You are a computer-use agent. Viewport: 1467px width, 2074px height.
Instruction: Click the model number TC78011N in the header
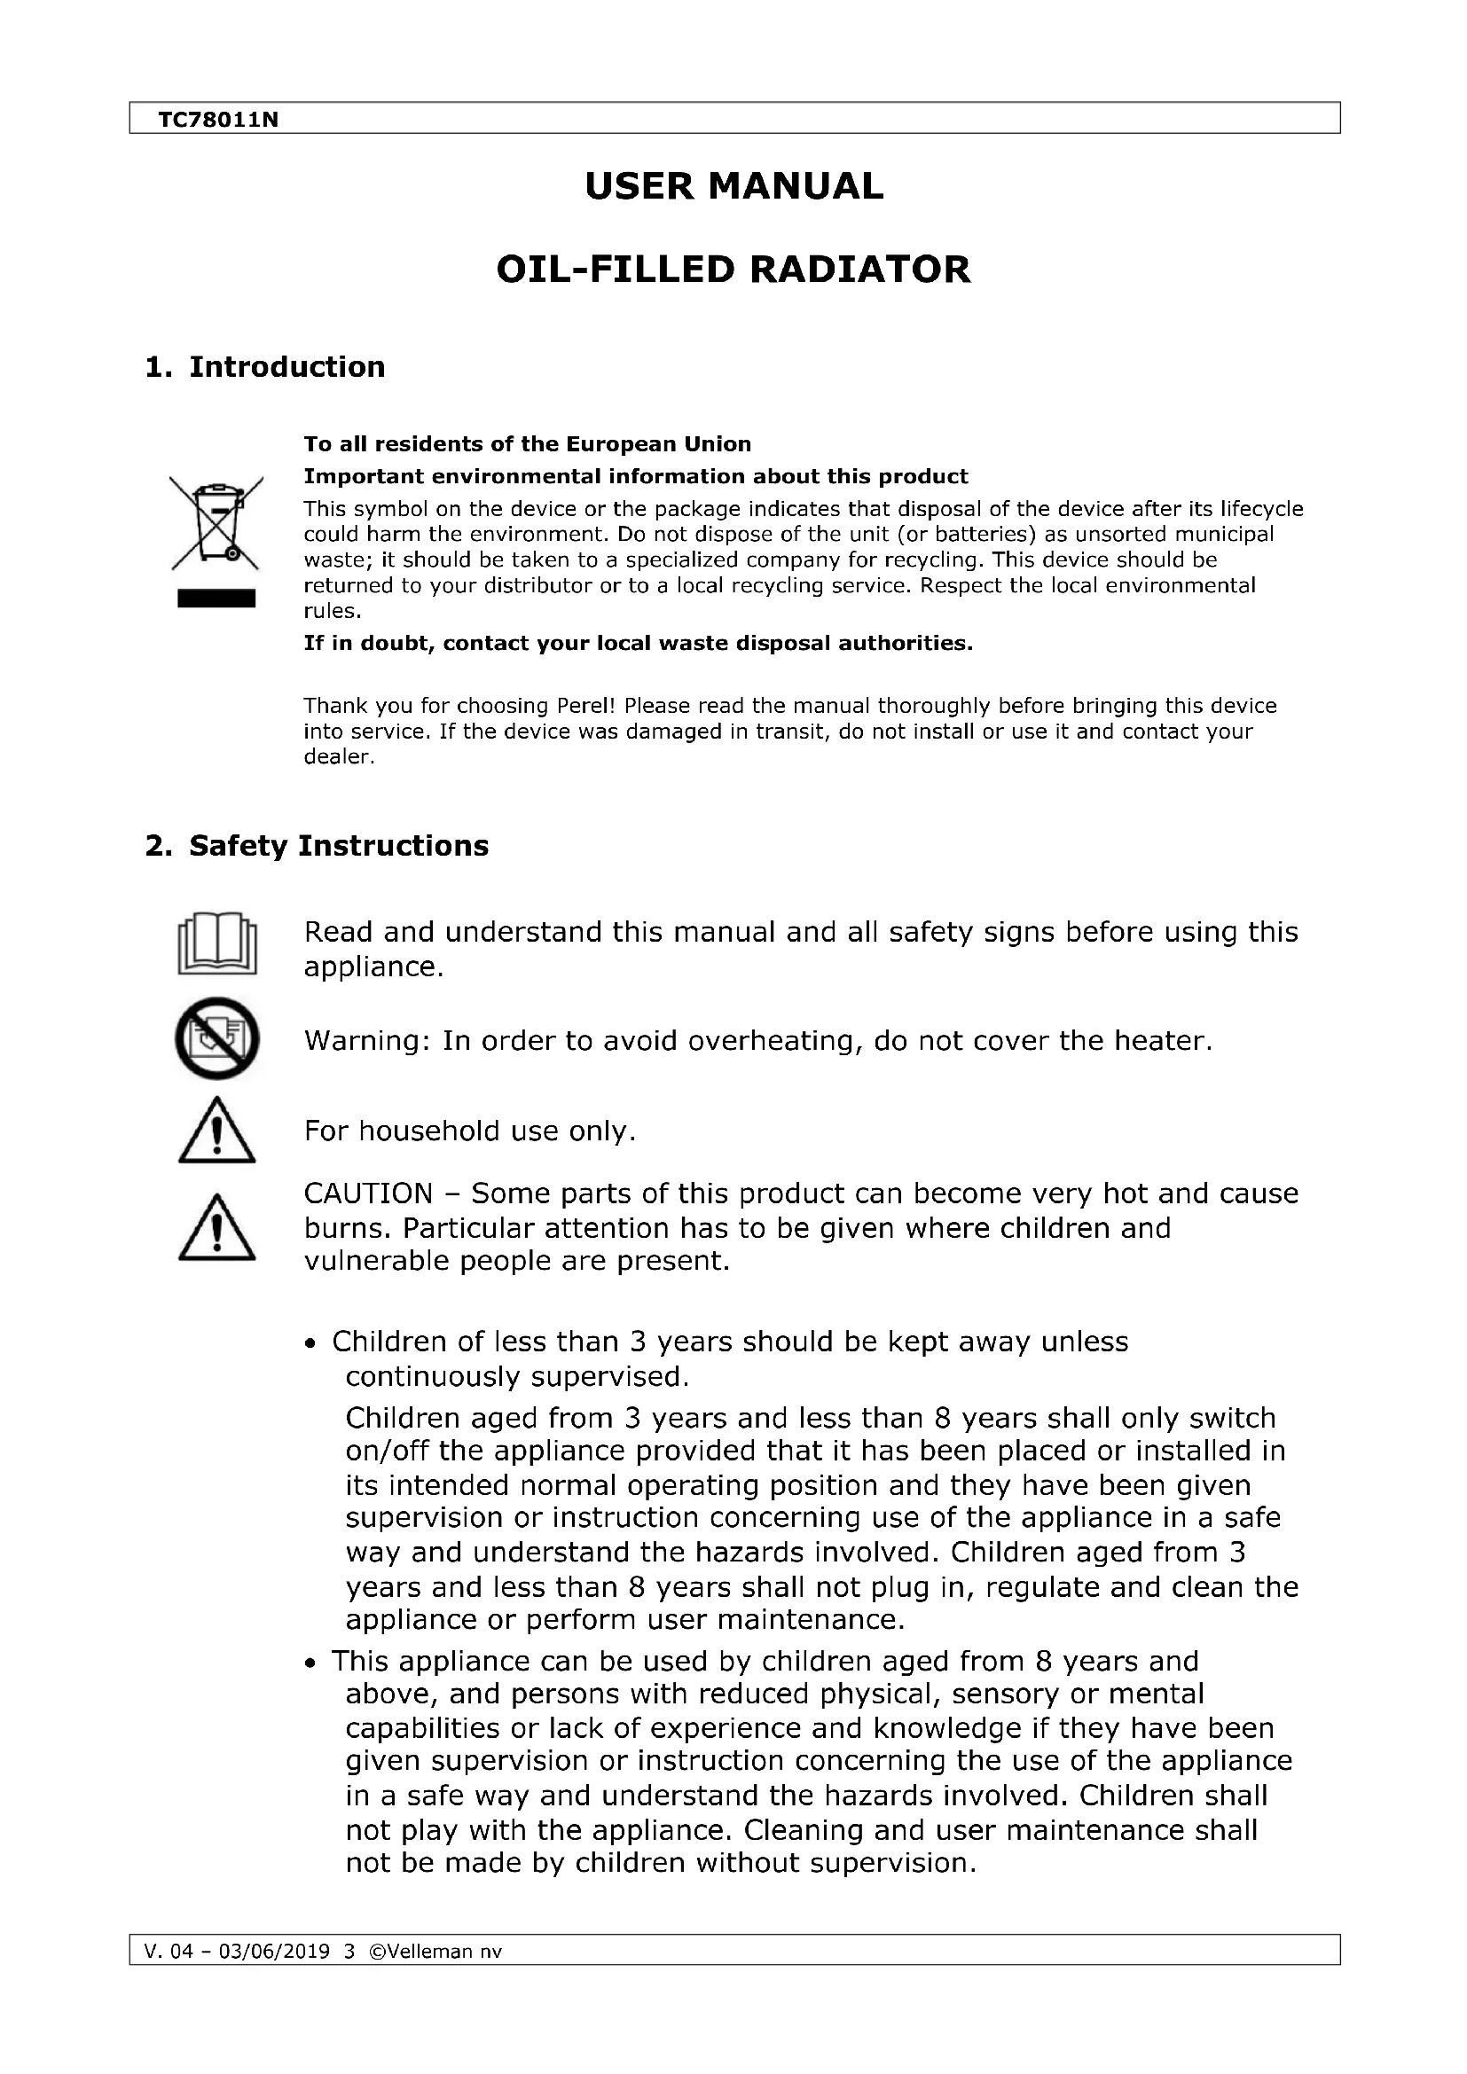(x=217, y=119)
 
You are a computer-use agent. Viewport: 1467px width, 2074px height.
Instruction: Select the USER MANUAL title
(x=733, y=186)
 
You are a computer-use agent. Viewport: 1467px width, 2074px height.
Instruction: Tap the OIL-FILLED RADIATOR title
(x=733, y=270)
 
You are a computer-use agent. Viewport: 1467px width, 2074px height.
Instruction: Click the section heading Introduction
(x=286, y=367)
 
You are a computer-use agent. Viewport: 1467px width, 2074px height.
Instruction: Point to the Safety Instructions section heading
(x=338, y=846)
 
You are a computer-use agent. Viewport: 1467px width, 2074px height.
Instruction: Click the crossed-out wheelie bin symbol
(x=216, y=524)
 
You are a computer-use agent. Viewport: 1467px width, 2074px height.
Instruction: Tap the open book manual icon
(x=216, y=944)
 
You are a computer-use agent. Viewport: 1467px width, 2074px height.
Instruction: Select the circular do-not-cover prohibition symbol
(x=216, y=1039)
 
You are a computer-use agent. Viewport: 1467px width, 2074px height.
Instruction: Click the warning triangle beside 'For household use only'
(x=216, y=1131)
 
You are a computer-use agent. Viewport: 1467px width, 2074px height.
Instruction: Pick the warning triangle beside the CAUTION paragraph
(x=216, y=1227)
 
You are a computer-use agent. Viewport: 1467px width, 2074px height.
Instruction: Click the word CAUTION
(x=368, y=1194)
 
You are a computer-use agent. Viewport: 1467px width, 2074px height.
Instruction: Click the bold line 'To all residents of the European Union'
(x=527, y=444)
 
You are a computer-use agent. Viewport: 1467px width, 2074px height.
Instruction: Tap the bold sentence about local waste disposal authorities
(x=638, y=643)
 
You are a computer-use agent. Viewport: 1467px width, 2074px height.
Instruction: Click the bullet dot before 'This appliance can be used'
(x=310, y=1663)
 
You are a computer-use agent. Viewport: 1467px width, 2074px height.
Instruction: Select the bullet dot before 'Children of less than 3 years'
(x=310, y=1344)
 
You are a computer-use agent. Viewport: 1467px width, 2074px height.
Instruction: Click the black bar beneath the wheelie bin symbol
(x=216, y=598)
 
